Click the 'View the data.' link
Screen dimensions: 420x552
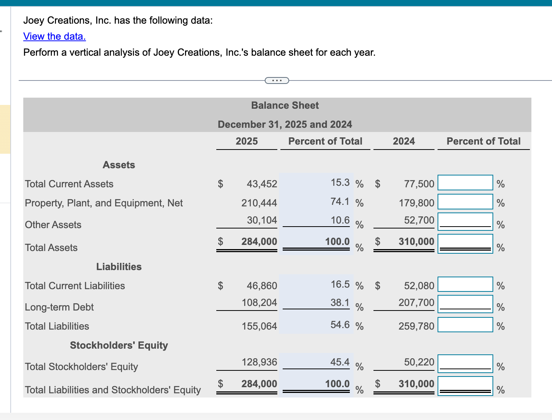[x=55, y=36]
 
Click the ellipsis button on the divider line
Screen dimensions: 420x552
[x=277, y=80]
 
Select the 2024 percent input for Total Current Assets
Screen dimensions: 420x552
[x=465, y=183]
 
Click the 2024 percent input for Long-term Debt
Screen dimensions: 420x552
[x=465, y=304]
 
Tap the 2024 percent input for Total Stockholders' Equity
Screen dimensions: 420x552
[x=465, y=364]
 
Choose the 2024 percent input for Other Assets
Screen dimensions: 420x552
[x=465, y=221]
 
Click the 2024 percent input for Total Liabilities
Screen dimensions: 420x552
[x=465, y=325]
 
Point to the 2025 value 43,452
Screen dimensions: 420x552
[x=262, y=184]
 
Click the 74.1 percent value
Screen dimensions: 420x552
[x=340, y=201]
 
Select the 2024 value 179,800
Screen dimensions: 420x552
[x=417, y=203]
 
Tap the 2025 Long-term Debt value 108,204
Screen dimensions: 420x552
[x=259, y=303]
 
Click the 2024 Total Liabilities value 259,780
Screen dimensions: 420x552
[x=417, y=326]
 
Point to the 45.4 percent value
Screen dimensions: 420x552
[x=340, y=362]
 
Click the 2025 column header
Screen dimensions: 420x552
[x=246, y=141]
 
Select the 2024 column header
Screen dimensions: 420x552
[x=404, y=141]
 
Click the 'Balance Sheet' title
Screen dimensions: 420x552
[x=285, y=105]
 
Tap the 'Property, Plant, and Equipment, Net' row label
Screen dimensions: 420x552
[x=104, y=203]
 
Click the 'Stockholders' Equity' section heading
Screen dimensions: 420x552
[x=119, y=345]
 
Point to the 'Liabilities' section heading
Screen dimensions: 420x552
[x=119, y=267]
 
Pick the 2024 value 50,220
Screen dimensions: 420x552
[x=419, y=362]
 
